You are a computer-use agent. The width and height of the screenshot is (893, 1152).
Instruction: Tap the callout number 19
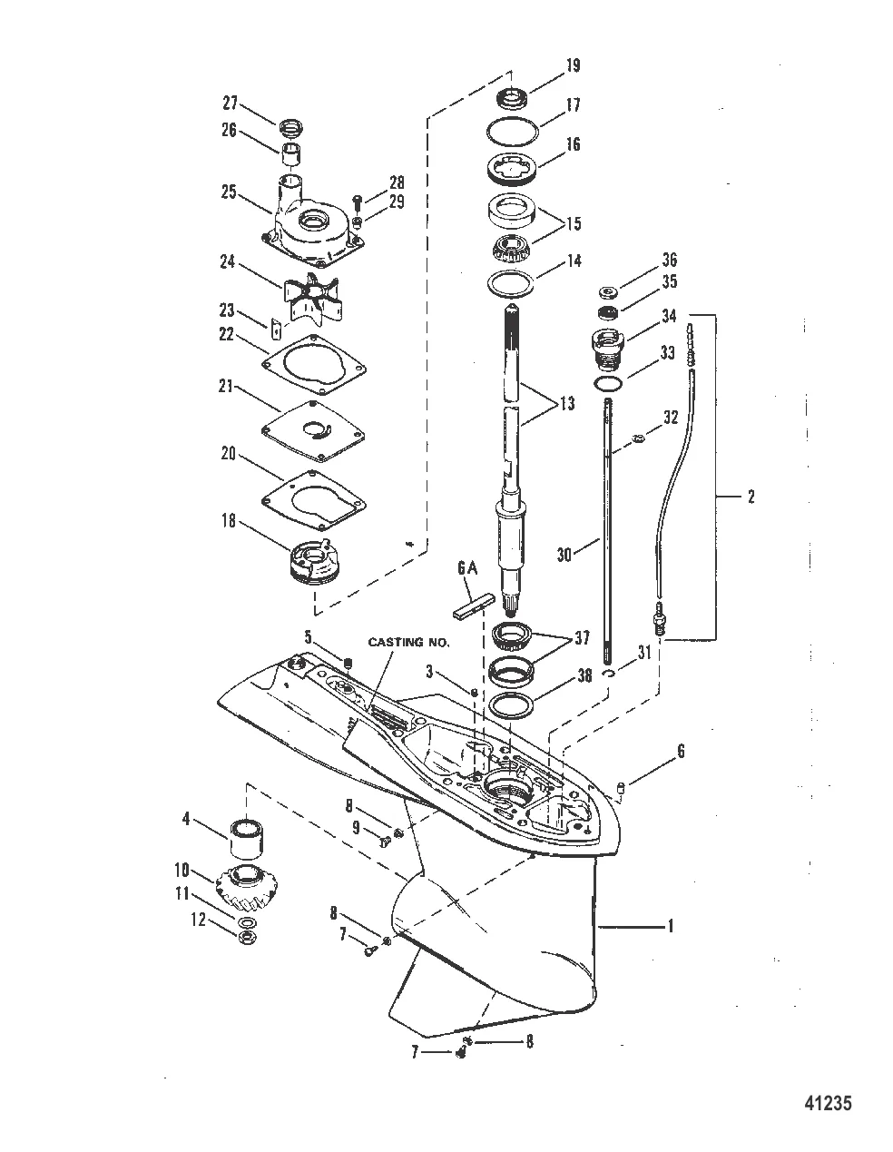pyautogui.click(x=573, y=65)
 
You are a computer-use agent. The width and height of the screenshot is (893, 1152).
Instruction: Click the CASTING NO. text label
pyautogui.click(x=408, y=642)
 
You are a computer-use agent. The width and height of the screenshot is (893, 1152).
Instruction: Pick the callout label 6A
pyautogui.click(x=467, y=569)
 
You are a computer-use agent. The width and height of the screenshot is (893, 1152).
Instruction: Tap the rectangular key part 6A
pyautogui.click(x=474, y=606)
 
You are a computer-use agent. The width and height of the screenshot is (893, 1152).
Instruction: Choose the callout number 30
pyautogui.click(x=565, y=555)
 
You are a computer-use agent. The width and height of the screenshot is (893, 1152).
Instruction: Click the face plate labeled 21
pyautogui.click(x=314, y=431)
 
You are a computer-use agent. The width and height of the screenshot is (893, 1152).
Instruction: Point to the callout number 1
pyautogui.click(x=671, y=926)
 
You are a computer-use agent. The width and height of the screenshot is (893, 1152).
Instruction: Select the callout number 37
pyautogui.click(x=582, y=638)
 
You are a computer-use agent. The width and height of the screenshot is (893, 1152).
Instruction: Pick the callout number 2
pyautogui.click(x=751, y=497)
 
